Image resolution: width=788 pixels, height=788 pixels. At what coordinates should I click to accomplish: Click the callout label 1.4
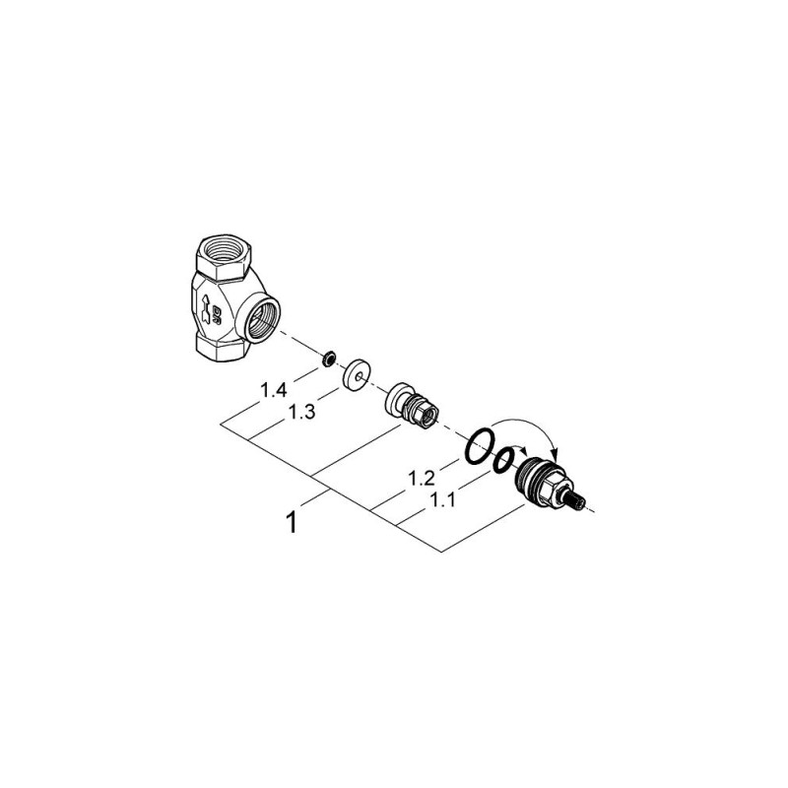click(274, 390)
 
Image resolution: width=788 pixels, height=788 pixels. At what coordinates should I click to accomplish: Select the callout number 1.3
click(301, 412)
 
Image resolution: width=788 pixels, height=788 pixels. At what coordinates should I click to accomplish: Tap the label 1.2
click(422, 478)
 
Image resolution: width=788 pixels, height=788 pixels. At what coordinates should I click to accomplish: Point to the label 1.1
click(441, 500)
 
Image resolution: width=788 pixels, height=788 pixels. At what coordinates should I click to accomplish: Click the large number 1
click(291, 522)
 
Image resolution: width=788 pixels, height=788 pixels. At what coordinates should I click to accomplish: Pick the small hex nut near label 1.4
click(328, 360)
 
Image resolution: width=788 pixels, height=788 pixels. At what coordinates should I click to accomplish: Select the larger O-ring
click(480, 446)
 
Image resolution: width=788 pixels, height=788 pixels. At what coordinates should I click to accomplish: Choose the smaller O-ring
click(503, 460)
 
